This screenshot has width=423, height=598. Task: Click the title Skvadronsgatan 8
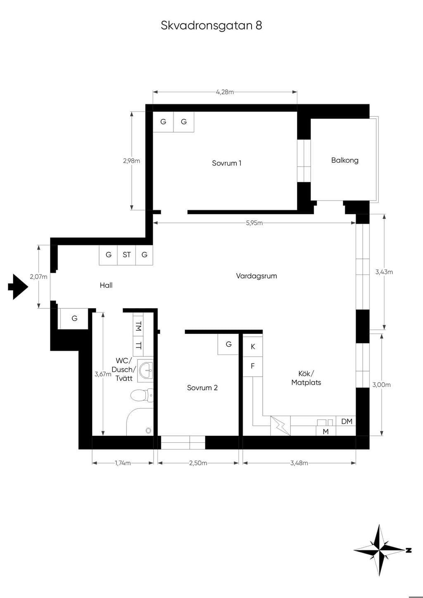(211, 25)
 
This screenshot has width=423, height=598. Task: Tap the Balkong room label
(345, 160)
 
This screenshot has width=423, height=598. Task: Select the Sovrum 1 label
(227, 163)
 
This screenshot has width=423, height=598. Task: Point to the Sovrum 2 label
(202, 388)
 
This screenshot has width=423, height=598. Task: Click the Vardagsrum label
(257, 276)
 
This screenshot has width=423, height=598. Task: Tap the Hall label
(106, 285)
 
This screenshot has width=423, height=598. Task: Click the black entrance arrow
(18, 287)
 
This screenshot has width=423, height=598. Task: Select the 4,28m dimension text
(225, 92)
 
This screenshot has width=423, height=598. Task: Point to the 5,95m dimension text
(254, 223)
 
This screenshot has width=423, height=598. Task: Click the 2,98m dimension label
(131, 161)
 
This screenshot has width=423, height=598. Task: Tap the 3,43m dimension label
(384, 272)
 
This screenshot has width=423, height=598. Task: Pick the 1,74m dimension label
(123, 463)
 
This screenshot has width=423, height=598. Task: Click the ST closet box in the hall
(127, 255)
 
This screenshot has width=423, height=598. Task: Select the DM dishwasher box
(346, 421)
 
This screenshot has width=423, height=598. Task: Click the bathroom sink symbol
(145, 371)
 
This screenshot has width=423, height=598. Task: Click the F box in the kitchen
(253, 366)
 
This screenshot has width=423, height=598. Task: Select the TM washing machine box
(138, 326)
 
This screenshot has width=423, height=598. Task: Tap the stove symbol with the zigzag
(280, 425)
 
